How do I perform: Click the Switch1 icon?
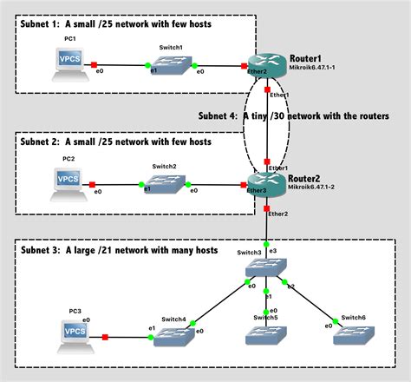173,64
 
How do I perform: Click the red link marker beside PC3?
104,337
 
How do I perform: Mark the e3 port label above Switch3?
273,250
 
